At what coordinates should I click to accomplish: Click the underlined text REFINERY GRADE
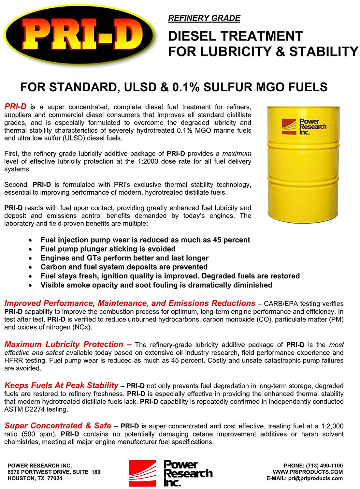[204, 18]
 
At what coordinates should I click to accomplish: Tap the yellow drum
[302, 163]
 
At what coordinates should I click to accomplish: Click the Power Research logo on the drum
[304, 127]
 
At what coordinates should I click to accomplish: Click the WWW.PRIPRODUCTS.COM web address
[308, 472]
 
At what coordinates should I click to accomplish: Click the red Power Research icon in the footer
[142, 473]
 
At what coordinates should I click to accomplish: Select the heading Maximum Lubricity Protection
[64, 345]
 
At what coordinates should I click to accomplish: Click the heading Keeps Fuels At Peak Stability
[61, 386]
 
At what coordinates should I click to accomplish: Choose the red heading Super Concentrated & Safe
[58, 426]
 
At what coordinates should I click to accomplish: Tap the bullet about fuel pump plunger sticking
[108, 249]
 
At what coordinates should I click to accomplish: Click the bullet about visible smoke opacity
[156, 285]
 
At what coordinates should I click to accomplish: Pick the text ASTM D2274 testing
[36, 409]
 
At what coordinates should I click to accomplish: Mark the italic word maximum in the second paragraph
[237, 154]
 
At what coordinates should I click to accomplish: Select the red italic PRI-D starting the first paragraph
[15, 107]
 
